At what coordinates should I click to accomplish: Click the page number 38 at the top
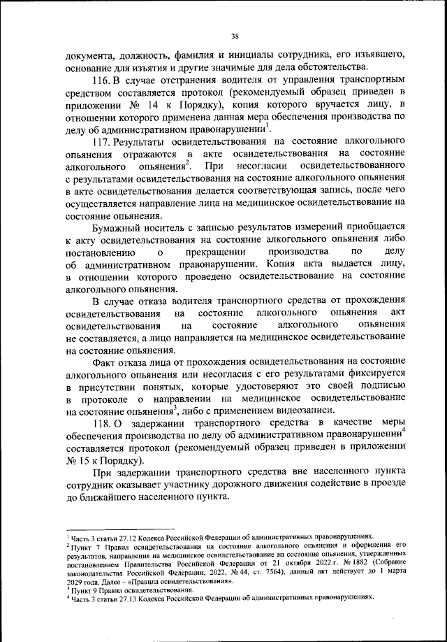[235, 36]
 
